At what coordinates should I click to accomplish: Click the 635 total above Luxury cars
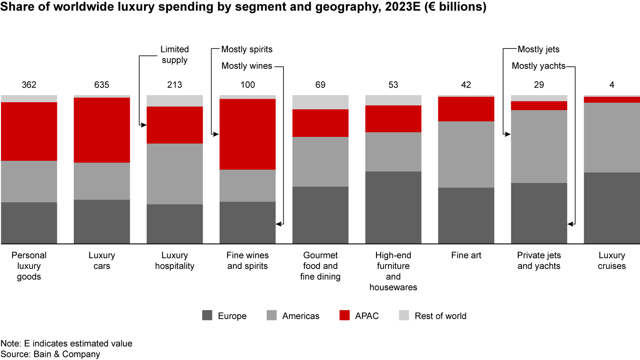click(102, 85)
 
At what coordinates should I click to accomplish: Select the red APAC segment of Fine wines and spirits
click(248, 134)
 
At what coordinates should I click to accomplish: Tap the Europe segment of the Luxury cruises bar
click(612, 208)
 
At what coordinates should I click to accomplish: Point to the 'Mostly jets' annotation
click(538, 49)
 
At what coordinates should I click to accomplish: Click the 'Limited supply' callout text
click(175, 55)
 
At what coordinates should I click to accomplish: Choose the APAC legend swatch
click(345, 316)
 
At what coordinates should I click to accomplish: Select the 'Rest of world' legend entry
click(440, 316)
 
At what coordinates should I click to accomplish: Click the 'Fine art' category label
click(466, 256)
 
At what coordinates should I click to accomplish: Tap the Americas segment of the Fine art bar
click(466, 154)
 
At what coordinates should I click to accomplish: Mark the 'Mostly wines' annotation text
click(247, 66)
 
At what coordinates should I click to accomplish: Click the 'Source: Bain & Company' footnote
click(50, 354)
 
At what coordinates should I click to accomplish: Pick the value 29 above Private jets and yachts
click(539, 85)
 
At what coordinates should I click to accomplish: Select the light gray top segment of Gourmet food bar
click(320, 102)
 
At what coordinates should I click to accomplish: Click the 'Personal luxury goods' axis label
click(29, 266)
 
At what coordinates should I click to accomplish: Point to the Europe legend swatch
click(207, 316)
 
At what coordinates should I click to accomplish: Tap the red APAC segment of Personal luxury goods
click(29, 131)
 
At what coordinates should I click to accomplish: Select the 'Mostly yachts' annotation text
click(538, 66)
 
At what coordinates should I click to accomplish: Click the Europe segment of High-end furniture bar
click(393, 207)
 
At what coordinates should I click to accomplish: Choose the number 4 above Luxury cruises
click(612, 85)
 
